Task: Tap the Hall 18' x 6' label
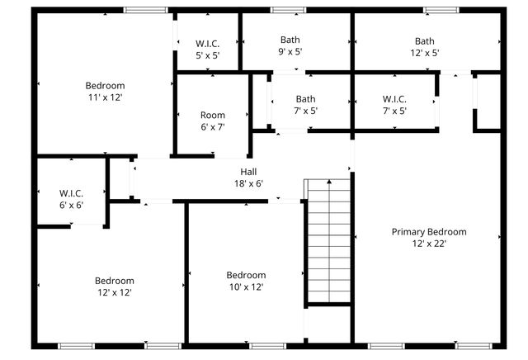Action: click(248, 178)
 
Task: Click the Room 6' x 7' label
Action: click(213, 121)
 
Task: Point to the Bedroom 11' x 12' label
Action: click(105, 91)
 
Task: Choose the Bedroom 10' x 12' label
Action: click(246, 281)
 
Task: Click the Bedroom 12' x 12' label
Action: click(114, 286)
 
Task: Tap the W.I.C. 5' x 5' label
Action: click(207, 49)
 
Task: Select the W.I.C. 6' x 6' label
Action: click(71, 198)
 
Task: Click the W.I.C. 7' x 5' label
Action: click(394, 105)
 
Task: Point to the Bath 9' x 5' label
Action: click(290, 45)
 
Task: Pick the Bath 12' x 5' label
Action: click(425, 46)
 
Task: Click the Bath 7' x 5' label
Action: click(305, 105)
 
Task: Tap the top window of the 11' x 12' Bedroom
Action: click(146, 10)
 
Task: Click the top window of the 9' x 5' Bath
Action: click(289, 10)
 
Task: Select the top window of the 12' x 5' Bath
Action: click(441, 10)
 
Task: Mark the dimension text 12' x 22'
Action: click(428, 244)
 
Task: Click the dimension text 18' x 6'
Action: click(248, 183)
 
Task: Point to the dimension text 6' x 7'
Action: click(213, 126)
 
